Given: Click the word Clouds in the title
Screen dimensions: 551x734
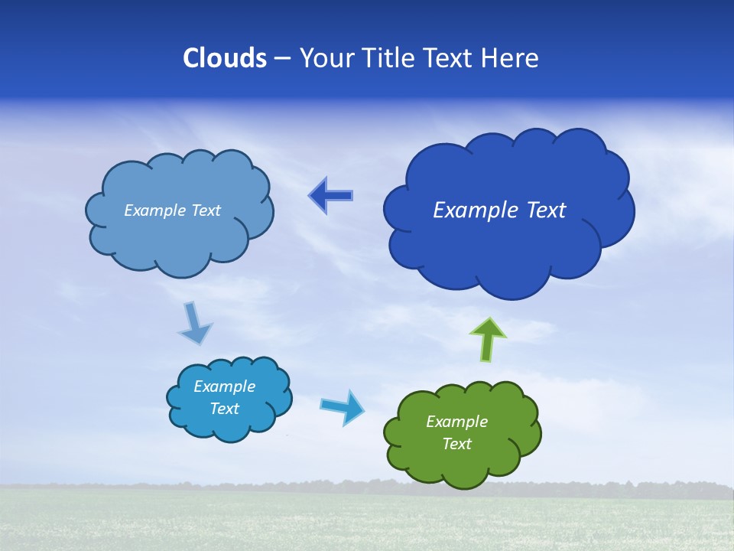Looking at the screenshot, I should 225,58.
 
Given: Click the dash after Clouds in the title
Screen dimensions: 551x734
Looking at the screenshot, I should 282,59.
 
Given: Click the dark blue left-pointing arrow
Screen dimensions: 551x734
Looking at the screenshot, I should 330,196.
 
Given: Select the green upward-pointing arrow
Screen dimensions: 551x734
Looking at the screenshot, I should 488,339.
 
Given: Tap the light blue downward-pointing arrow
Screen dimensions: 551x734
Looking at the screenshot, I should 194,324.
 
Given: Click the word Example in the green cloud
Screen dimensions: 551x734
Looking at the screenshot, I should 456,422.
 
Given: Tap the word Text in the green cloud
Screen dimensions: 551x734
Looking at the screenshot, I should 456,444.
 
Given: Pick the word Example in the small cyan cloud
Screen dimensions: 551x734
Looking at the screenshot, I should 224,386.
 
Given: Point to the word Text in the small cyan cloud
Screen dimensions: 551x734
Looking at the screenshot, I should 224,409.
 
